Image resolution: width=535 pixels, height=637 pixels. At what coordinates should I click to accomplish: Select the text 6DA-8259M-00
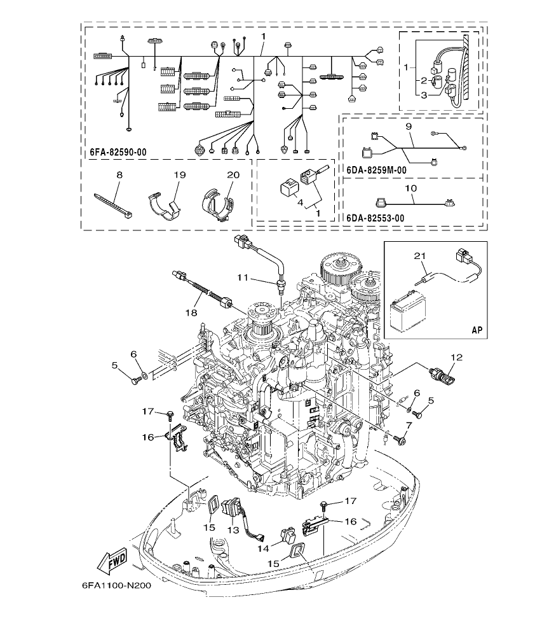pos(377,171)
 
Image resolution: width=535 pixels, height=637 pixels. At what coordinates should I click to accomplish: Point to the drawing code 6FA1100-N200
pos(116,586)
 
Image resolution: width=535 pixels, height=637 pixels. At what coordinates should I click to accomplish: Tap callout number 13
pos(233,529)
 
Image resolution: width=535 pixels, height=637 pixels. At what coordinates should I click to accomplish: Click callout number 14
pos(261,547)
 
